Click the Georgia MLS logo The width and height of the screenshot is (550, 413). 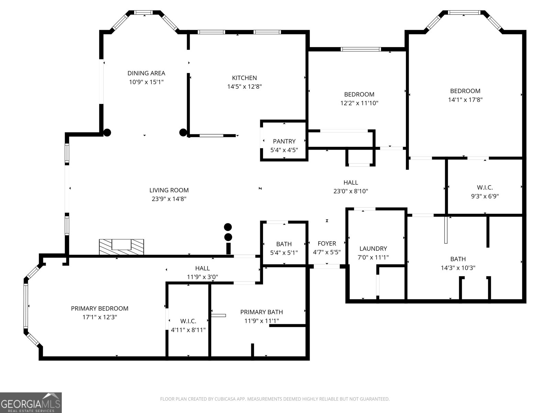[x=31, y=402]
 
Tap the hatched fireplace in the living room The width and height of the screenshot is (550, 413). [x=121, y=247]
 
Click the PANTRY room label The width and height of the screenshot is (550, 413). [x=284, y=141]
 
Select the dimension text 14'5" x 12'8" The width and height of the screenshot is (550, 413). [x=244, y=87]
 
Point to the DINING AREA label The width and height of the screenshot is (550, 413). [x=146, y=73]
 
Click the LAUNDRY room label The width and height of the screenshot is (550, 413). [x=373, y=248]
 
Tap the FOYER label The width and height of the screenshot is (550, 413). [x=327, y=243]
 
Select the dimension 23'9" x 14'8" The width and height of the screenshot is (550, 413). [x=169, y=199]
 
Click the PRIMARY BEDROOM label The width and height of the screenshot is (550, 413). [x=99, y=308]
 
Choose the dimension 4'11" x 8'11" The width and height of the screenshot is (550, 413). [x=188, y=330]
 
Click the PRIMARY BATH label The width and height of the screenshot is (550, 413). [x=261, y=312]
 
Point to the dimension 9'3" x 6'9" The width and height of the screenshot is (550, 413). [x=485, y=196]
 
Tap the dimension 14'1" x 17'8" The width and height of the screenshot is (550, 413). [x=465, y=100]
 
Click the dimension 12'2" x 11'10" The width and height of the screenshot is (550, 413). [x=359, y=103]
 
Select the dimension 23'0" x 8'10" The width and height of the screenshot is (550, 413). [x=351, y=191]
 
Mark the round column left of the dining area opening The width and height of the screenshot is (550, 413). [x=107, y=132]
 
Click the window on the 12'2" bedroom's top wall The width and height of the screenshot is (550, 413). [x=361, y=49]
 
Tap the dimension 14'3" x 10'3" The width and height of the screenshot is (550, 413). [x=458, y=268]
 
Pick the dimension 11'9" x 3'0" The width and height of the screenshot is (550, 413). [x=202, y=277]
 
